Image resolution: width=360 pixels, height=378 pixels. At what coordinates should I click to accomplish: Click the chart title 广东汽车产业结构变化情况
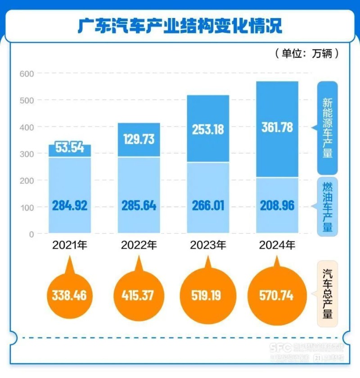[x=180, y=26]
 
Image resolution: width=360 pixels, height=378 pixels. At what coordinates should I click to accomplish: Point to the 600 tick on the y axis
[x=28, y=73]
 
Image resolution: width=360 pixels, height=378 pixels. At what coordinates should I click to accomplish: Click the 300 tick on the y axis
[x=28, y=154]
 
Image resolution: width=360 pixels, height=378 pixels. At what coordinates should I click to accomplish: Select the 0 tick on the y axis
[x=31, y=234]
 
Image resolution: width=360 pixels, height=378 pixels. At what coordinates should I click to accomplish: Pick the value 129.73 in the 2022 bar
[x=139, y=139]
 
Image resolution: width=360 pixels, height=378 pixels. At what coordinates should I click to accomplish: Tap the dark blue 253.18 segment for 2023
[x=207, y=128]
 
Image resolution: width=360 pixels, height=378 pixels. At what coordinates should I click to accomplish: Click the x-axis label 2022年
[x=139, y=246]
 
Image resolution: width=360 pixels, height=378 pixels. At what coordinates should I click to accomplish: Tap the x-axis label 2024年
[x=277, y=246]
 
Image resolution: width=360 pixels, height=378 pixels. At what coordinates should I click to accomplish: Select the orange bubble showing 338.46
[x=69, y=296]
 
